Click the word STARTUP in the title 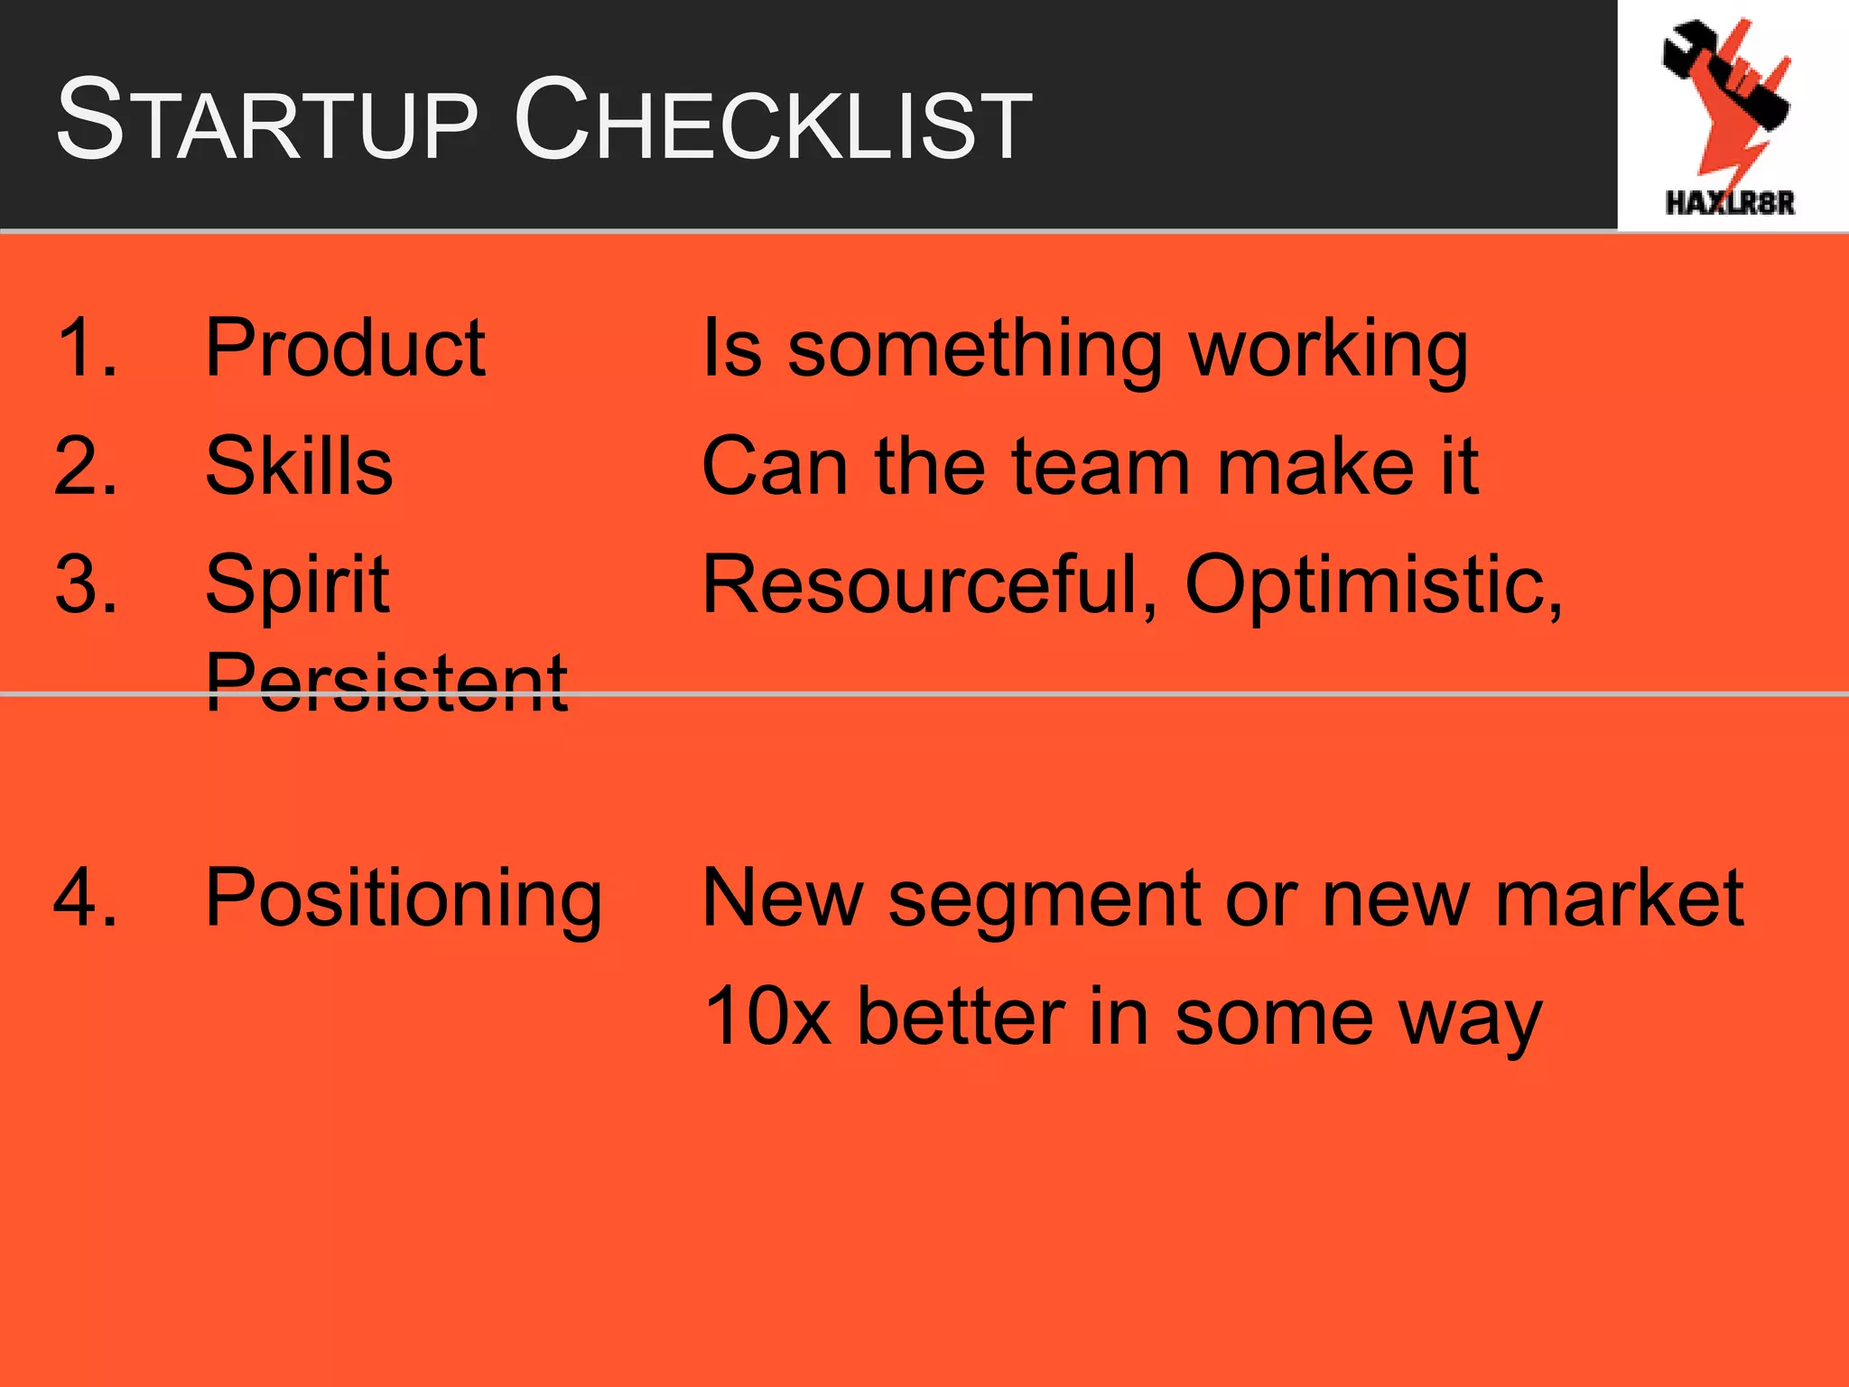coord(266,122)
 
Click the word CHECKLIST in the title coord(773,122)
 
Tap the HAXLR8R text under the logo coord(1730,202)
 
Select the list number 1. coord(85,348)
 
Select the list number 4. coord(85,898)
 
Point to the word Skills coord(299,466)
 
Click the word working coord(1328,352)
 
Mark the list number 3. coord(85,585)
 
